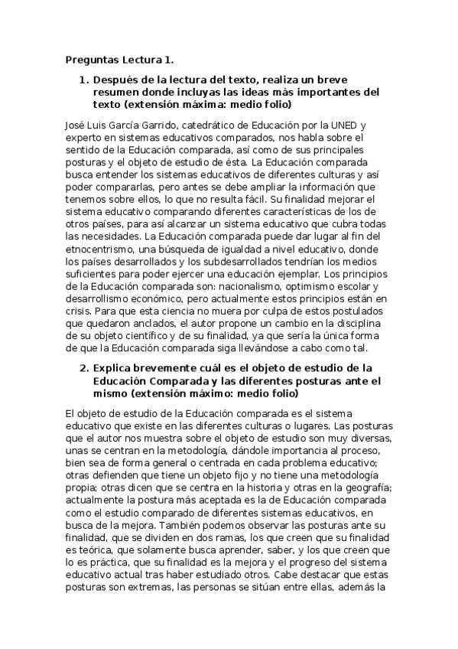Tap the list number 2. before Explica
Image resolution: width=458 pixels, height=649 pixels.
pos(85,367)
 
